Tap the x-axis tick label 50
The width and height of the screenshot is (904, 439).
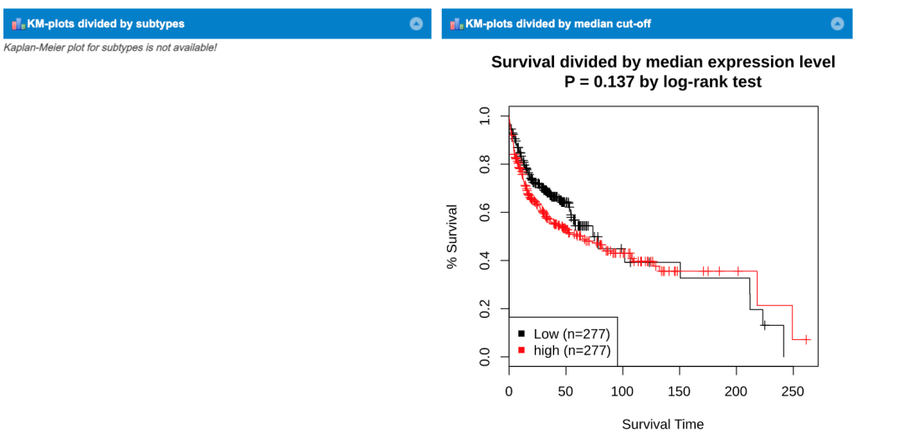[x=566, y=391]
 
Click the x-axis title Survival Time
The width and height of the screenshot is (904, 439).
[x=663, y=424]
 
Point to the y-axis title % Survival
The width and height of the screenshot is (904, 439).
[x=452, y=236]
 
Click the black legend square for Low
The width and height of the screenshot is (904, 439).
[x=521, y=333]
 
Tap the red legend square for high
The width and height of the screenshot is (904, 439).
[x=521, y=349]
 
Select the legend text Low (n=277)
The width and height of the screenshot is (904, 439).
[x=572, y=333]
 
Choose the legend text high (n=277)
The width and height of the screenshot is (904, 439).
[x=572, y=350]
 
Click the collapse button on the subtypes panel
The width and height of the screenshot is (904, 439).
[x=416, y=23]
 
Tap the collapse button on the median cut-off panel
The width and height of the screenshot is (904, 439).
[x=837, y=23]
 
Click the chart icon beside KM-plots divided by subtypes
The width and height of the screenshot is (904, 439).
[x=18, y=23]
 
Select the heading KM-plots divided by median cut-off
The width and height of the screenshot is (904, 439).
[x=557, y=23]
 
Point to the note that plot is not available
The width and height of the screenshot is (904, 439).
[x=110, y=47]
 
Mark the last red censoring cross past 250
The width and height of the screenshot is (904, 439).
[x=806, y=339]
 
